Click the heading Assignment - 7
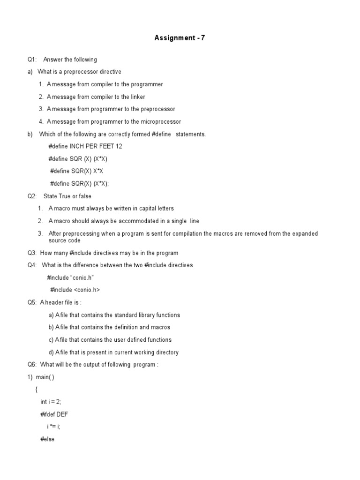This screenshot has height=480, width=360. [180, 38]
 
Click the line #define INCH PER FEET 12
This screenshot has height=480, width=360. [85, 146]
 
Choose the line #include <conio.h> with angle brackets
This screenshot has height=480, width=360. [75, 290]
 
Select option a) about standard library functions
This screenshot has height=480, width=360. [114, 315]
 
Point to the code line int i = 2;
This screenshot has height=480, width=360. [51, 402]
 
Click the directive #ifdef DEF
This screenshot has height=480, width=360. [54, 414]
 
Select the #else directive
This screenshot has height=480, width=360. [47, 439]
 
